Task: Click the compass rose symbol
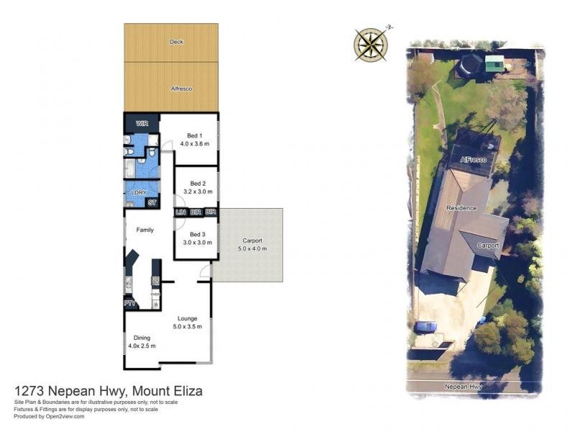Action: coord(371,43)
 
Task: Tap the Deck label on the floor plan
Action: coord(176,42)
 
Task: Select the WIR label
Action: coord(142,124)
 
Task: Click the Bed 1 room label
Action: coord(195,135)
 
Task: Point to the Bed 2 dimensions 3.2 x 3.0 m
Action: coord(195,191)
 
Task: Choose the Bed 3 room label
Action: coord(197,234)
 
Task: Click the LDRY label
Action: coord(138,193)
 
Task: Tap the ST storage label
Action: coord(152,203)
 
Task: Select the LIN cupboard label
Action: coord(180,212)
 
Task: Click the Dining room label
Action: coord(142,338)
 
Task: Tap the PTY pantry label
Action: coord(130,304)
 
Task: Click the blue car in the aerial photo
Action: coord(425,327)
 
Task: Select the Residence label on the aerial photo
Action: coord(461,208)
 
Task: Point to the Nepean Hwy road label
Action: coord(463,387)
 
